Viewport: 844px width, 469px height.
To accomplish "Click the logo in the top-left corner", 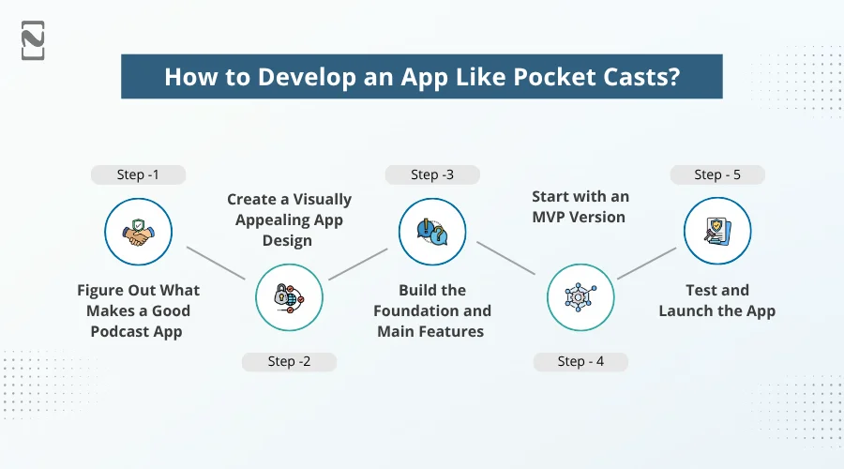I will click(33, 40).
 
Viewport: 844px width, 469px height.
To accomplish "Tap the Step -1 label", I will click(138, 174).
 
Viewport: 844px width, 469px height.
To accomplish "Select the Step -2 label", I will click(289, 361).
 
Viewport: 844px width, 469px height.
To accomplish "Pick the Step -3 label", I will click(432, 174).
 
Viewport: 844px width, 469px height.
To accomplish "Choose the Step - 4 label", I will click(580, 361).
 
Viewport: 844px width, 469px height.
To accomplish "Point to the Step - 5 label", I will click(717, 174).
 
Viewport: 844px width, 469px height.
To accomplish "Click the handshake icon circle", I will click(138, 231).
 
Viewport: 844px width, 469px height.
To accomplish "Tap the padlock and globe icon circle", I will click(289, 297).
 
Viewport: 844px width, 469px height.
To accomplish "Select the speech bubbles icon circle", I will click(432, 231).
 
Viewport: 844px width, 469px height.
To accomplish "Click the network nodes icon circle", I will click(580, 297).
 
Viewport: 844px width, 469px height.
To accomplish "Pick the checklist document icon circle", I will click(717, 231).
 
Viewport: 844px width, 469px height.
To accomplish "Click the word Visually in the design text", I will click(317, 200).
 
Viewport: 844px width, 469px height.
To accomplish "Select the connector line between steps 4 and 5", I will click(646, 264).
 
